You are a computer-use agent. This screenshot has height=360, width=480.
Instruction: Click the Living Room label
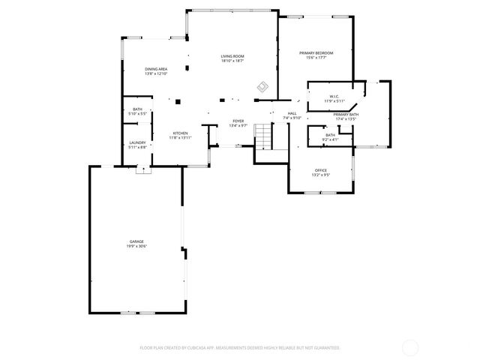coord(232,56)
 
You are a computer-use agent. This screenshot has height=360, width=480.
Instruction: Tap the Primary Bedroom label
coord(316,52)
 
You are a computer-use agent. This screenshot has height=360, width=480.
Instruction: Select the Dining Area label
coord(156,69)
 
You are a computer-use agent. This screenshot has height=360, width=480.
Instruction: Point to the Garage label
coord(136,241)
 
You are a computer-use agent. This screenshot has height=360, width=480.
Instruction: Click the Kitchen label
coord(180,133)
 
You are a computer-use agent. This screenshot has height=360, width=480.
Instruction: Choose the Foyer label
coord(238,121)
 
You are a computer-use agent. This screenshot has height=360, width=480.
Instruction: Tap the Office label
coord(320,171)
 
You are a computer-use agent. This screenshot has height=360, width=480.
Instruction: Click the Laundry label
coord(137,142)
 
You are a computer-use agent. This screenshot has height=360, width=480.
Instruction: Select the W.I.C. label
coord(334,96)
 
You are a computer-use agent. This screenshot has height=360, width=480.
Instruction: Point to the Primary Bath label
coord(346,114)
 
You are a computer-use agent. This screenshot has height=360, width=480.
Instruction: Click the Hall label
coord(292,113)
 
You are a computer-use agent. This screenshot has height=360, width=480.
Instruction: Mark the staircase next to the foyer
coord(262,136)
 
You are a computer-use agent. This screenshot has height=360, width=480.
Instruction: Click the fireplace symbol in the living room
coord(262,87)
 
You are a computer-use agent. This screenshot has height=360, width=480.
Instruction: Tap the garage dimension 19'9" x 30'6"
coord(136,246)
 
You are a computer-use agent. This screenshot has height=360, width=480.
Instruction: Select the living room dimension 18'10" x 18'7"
coord(232,61)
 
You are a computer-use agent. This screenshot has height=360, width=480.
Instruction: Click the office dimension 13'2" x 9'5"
coord(320,175)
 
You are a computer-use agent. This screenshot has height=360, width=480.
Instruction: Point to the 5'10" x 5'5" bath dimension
coord(138,114)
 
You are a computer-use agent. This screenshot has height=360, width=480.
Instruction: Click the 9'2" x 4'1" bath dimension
coord(330,139)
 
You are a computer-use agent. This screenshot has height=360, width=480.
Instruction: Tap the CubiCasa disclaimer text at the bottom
coord(240,348)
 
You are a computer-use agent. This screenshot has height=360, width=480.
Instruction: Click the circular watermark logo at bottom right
coord(410,347)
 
